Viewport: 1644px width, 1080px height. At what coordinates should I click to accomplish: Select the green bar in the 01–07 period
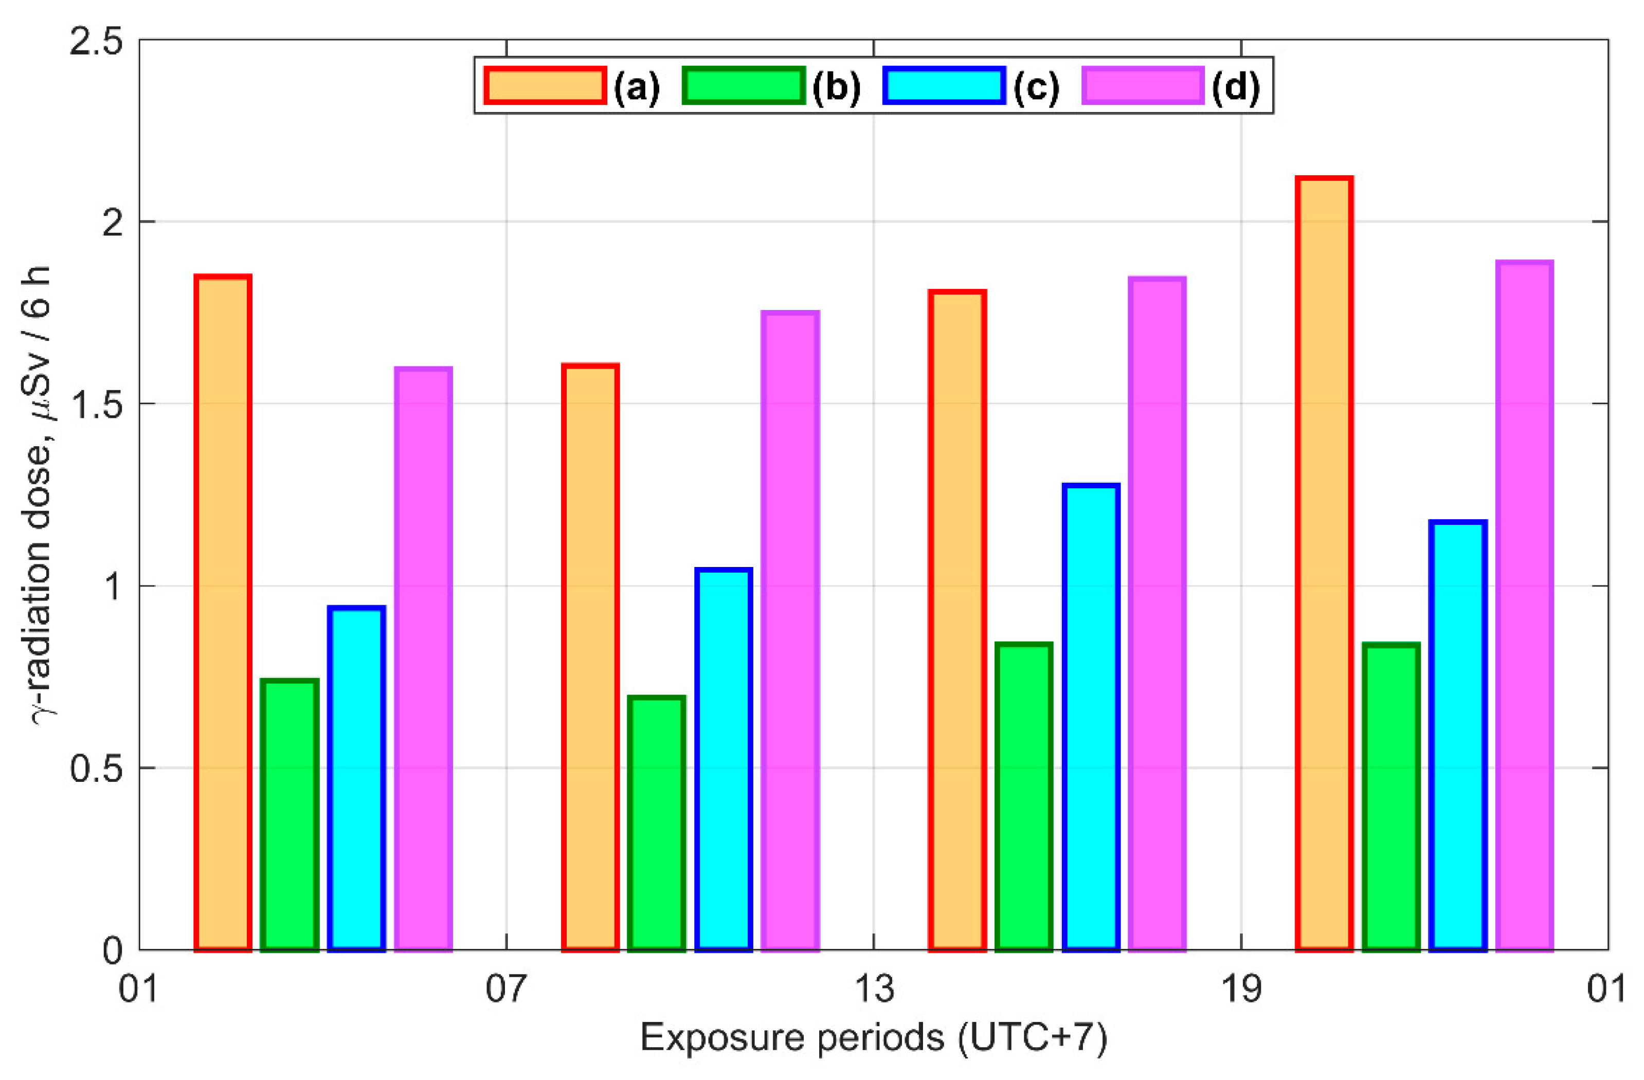point(290,815)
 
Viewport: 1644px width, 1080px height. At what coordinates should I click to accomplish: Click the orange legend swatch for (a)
point(545,86)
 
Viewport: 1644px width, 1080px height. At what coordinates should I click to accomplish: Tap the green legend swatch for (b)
point(744,86)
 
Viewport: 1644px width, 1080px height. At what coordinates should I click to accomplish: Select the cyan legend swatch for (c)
point(944,86)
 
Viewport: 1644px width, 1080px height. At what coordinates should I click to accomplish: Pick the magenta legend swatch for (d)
point(1143,86)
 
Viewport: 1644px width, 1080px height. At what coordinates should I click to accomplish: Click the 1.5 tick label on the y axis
point(95,405)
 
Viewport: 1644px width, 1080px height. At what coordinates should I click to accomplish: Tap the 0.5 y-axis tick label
point(95,768)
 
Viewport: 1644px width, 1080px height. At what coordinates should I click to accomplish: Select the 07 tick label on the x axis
point(507,990)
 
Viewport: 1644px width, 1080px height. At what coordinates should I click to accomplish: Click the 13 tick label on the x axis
point(874,990)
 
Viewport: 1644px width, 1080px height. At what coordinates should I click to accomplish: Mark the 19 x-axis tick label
point(1241,990)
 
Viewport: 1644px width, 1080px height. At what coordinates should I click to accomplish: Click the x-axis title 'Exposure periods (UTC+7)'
point(874,1037)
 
